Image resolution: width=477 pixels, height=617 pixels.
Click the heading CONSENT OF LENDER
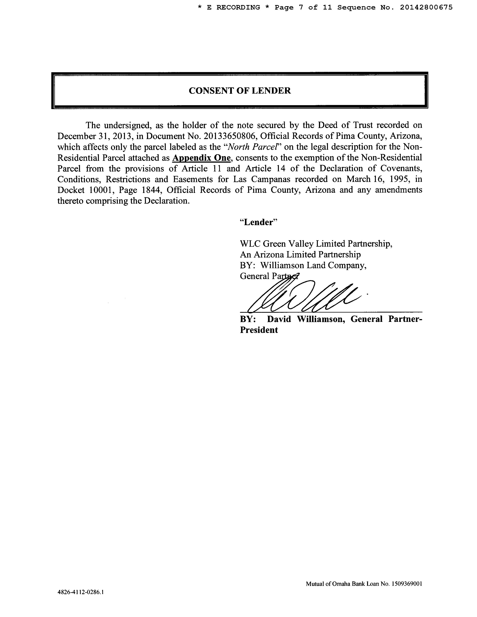(x=240, y=91)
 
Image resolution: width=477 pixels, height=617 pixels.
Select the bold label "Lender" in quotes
(x=259, y=222)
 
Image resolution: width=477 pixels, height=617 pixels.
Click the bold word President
(x=259, y=330)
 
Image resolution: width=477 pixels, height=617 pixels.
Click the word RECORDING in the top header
(x=238, y=8)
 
